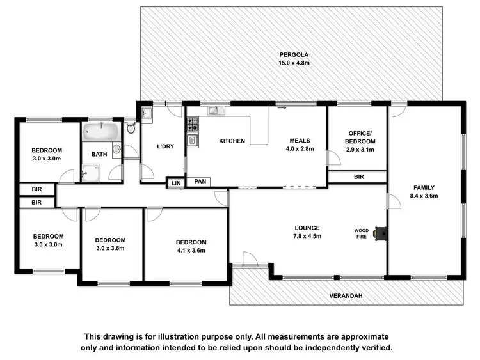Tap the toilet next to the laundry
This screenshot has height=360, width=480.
click(x=131, y=128)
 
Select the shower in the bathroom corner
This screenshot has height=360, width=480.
click(x=90, y=173)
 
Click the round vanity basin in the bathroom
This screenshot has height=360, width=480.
click(x=116, y=150)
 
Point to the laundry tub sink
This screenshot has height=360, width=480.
click(x=146, y=114)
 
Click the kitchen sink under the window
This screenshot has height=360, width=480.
click(x=213, y=111)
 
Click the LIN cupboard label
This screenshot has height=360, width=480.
click(x=175, y=184)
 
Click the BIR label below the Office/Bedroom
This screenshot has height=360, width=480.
click(x=358, y=176)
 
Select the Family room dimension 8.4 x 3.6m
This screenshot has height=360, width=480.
click(x=424, y=196)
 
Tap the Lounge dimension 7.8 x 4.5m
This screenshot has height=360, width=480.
click(x=307, y=237)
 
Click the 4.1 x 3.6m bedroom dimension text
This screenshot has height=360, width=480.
click(x=191, y=251)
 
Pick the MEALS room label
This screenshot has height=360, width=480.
click(x=300, y=141)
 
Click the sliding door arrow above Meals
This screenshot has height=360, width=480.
click(x=282, y=108)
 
